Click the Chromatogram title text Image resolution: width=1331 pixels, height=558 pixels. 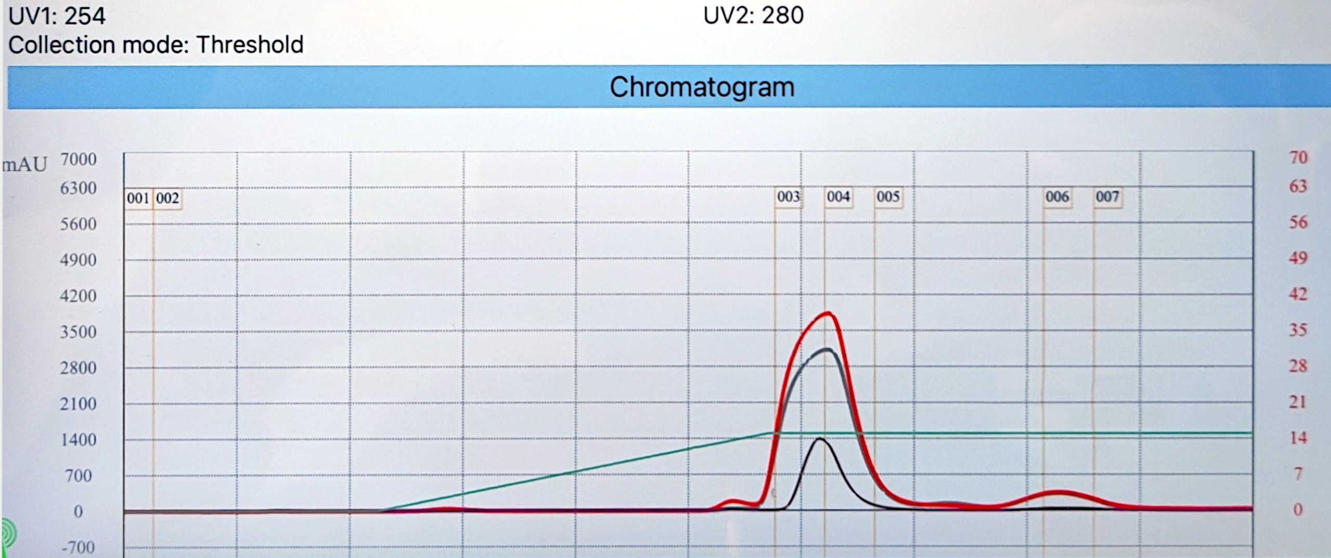click(702, 87)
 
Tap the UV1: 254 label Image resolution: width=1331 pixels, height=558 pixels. click(57, 16)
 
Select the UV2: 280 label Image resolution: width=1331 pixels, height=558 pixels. click(753, 15)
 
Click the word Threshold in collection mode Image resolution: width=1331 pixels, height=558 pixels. click(250, 45)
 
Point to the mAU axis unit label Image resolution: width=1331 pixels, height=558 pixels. click(24, 165)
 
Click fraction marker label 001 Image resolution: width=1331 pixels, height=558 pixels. click(138, 198)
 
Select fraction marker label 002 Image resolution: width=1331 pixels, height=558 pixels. click(167, 198)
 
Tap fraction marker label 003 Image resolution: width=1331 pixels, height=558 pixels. click(788, 196)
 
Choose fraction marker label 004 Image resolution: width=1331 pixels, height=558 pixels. click(838, 196)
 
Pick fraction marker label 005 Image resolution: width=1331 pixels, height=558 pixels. click(888, 196)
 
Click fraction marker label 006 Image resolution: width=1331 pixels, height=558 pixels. click(1057, 196)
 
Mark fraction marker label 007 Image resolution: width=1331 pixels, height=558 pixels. click(1107, 196)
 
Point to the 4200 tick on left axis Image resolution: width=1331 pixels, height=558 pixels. click(78, 296)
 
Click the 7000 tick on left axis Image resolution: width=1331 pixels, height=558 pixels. click(78, 159)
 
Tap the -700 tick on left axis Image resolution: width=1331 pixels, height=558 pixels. click(78, 547)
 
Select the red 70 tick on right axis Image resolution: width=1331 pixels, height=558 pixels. click(1298, 157)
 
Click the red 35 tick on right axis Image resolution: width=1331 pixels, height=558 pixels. click(1298, 330)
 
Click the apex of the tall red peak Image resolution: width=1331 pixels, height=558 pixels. click(828, 313)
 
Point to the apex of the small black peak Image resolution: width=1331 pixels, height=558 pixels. click(820, 439)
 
